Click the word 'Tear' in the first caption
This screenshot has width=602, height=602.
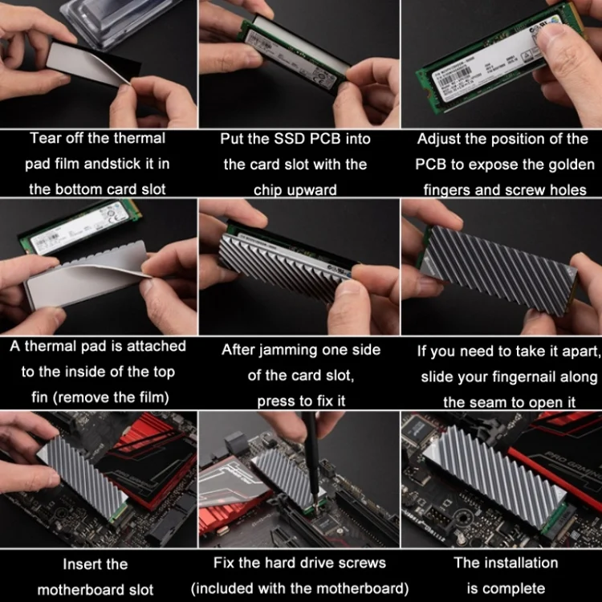coord(44,138)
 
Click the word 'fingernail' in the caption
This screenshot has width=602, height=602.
coord(525,377)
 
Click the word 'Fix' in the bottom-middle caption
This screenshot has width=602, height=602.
coord(224,563)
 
